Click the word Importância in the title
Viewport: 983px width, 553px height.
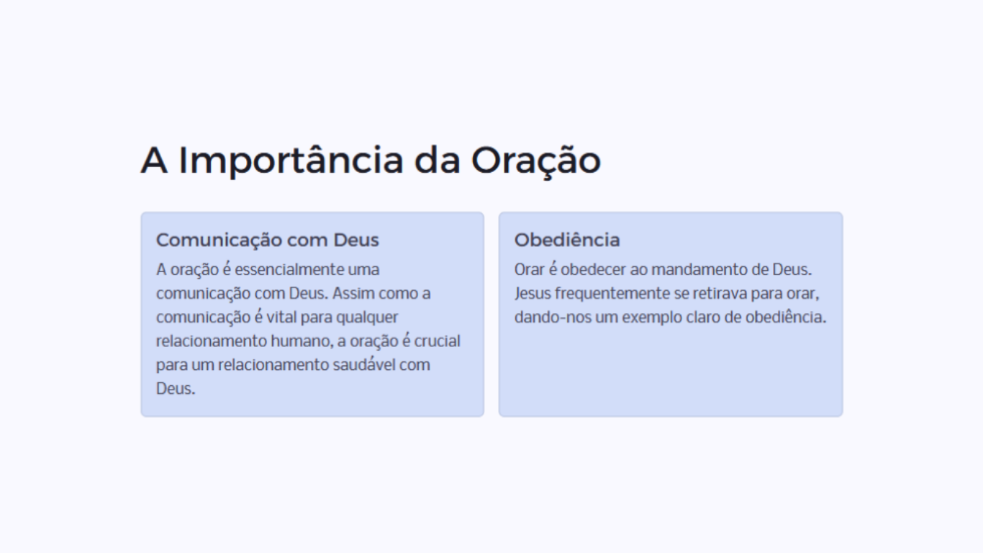pos(291,161)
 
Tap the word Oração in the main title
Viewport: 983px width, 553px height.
pos(535,161)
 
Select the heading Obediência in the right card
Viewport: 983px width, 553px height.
pos(567,240)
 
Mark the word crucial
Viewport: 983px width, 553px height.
pos(437,341)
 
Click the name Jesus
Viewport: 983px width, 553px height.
pos(533,293)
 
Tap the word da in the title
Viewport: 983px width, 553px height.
pos(437,161)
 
